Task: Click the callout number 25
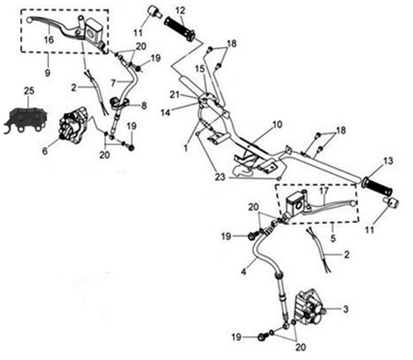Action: coord(29,91)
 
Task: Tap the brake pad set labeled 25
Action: coord(25,121)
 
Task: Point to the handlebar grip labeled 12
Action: coord(180,28)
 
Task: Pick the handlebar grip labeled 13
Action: coord(377,186)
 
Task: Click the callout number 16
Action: coord(49,39)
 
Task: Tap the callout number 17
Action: coord(324,191)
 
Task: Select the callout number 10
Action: coord(278,125)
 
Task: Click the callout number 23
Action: coord(220,177)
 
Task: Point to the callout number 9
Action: coord(47,73)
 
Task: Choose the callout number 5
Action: coord(333,238)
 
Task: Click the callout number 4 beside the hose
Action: coord(244,272)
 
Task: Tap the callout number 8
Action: coord(144,106)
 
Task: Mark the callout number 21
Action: coord(175,95)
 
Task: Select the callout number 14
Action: coord(166,113)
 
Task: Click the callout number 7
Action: coord(114,83)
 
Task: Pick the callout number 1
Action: coord(186,148)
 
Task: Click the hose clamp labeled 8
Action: coord(119,103)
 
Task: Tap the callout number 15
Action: coord(209,69)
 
